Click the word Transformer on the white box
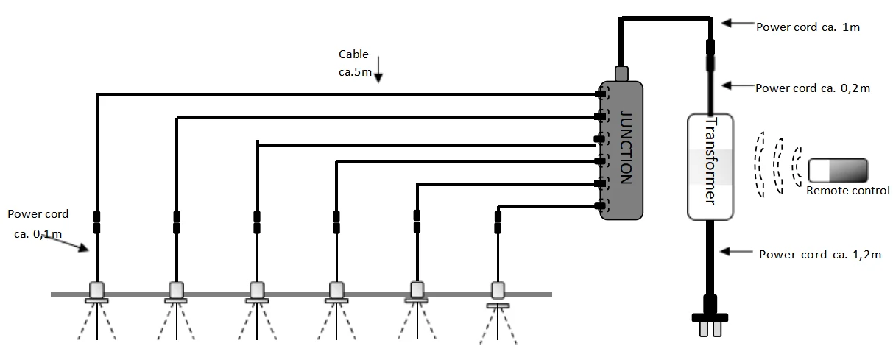(710, 163)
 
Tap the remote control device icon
(838, 171)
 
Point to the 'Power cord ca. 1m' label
(808, 27)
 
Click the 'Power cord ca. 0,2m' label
(813, 88)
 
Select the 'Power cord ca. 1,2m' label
(820, 255)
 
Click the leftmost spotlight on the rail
(96, 292)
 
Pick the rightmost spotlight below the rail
(498, 293)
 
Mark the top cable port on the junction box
(601, 94)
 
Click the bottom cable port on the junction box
(601, 205)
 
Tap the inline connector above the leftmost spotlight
(96, 222)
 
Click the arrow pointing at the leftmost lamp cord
(74, 242)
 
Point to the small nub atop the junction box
(621, 73)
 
